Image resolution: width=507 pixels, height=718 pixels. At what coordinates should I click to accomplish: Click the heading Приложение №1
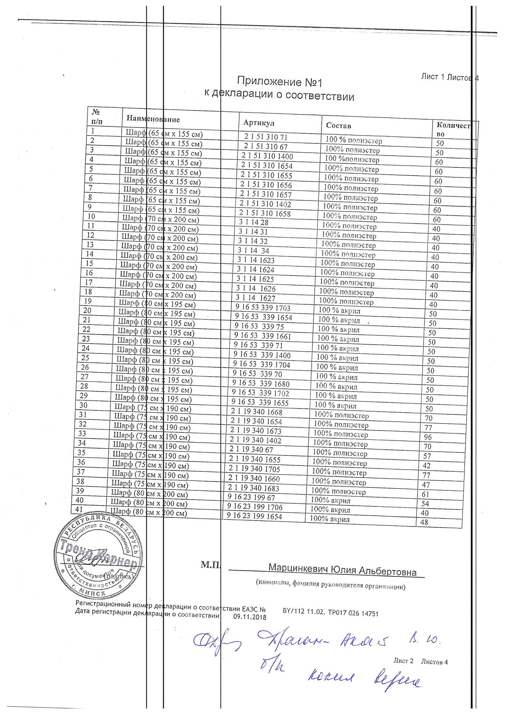point(279,82)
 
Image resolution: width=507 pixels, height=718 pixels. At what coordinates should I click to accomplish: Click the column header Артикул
point(259,123)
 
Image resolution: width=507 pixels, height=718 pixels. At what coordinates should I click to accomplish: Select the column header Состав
point(338,125)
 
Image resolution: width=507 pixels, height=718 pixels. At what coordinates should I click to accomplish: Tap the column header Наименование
point(153,119)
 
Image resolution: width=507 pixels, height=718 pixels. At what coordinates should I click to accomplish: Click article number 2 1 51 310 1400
point(267,156)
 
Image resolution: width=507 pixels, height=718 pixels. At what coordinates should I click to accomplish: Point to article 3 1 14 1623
point(255,260)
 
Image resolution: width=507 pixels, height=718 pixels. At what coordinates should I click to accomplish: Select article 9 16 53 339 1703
point(263,308)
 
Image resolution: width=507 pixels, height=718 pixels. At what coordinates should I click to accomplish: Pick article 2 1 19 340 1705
point(254,469)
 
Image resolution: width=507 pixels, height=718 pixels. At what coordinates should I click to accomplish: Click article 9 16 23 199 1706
point(255,507)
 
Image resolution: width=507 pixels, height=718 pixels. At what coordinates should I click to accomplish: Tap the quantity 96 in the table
point(428,437)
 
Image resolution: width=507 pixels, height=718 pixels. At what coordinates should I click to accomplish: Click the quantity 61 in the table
point(425,494)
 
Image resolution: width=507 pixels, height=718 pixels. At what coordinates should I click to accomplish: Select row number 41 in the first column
point(79,509)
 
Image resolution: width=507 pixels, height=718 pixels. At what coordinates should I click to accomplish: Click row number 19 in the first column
point(88,301)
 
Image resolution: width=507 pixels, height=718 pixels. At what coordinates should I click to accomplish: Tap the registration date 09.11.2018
point(250,617)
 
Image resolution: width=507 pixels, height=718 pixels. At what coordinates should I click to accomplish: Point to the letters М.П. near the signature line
point(210,563)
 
